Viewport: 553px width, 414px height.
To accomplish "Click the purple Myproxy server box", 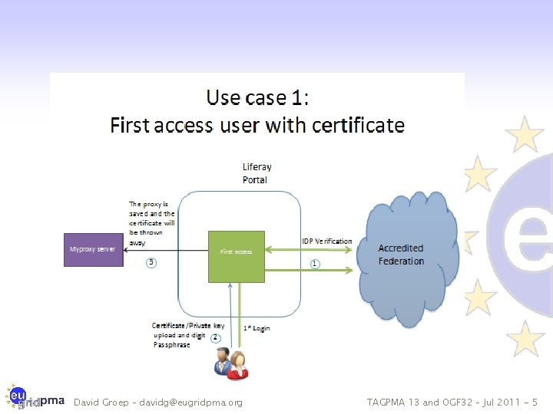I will pyautogui.click(x=92, y=250).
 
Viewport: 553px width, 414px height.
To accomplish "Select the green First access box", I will pyautogui.click(x=236, y=251).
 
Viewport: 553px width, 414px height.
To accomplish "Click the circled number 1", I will pyautogui.click(x=315, y=264).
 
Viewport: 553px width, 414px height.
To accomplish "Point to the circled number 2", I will pyautogui.click(x=216, y=337).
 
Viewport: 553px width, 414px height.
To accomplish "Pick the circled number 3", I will pyautogui.click(x=151, y=262).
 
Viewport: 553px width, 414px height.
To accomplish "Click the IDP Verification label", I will pyautogui.click(x=326, y=241).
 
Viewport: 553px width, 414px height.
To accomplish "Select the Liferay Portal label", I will pyautogui.click(x=257, y=173).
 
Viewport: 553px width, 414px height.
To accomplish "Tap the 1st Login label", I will pyautogui.click(x=257, y=328).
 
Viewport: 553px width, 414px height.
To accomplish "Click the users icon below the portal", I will pyautogui.click(x=230, y=362).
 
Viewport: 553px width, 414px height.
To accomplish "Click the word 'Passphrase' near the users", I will pyautogui.click(x=172, y=346).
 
